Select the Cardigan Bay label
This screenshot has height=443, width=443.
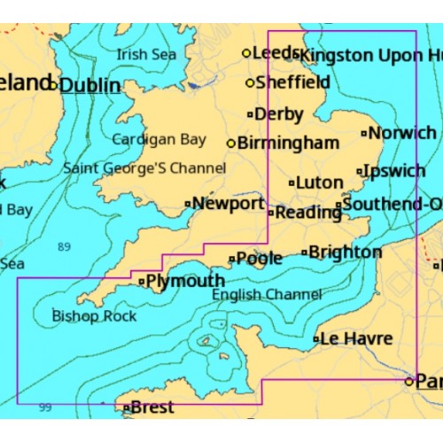(159, 139)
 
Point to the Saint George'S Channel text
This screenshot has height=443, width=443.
(144, 167)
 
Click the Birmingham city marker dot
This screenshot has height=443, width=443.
(231, 143)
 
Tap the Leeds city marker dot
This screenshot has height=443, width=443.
(247, 53)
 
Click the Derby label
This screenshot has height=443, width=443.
(278, 114)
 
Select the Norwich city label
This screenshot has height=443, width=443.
(402, 133)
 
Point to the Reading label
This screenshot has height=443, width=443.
(305, 213)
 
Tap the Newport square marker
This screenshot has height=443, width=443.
(187, 204)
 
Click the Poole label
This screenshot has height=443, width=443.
(260, 259)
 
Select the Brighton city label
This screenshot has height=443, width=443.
(345, 252)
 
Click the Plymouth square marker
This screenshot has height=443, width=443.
(142, 282)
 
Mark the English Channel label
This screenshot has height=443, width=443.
(267, 295)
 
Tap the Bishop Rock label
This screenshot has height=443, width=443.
(94, 315)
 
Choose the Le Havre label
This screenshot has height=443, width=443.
(354, 338)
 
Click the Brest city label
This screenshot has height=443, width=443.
(152, 408)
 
